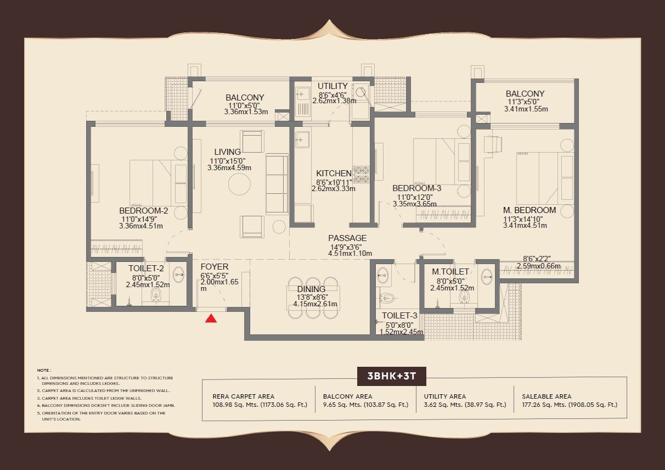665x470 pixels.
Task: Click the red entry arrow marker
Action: pyautogui.click(x=210, y=319)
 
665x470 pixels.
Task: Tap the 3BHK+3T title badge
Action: pyautogui.click(x=392, y=377)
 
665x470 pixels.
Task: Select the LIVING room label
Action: pyautogui.click(x=227, y=152)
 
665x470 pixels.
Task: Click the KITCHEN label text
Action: pyautogui.click(x=334, y=174)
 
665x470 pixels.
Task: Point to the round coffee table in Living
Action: pyautogui.click(x=240, y=184)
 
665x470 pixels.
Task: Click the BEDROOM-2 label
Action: pyautogui.click(x=143, y=210)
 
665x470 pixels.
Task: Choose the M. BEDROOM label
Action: pyautogui.click(x=529, y=210)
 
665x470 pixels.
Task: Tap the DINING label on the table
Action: pyautogui.click(x=311, y=289)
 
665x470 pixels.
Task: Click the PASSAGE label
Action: pyautogui.click(x=347, y=238)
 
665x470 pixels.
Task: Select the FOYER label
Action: pyautogui.click(x=215, y=267)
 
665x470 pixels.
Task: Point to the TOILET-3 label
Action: pyautogui.click(x=399, y=316)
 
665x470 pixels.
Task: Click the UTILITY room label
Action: pyautogui.click(x=332, y=86)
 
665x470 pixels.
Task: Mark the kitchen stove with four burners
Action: pyautogui.click(x=362, y=174)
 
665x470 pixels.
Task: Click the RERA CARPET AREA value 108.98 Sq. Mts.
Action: pyautogui.click(x=260, y=405)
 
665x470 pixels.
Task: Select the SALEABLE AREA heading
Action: pyautogui.click(x=546, y=396)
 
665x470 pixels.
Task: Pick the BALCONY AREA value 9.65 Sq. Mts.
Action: pyautogui.click(x=365, y=405)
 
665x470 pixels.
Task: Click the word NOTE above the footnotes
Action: pyautogui.click(x=44, y=371)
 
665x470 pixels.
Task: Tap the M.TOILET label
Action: pyautogui.click(x=450, y=272)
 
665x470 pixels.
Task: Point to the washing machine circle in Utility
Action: pyautogui.click(x=360, y=92)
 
